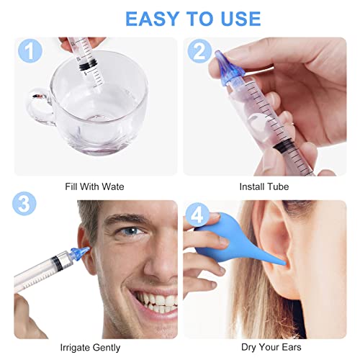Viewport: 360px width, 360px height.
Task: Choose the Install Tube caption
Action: tap(264, 186)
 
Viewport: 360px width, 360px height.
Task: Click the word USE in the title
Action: tap(243, 17)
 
